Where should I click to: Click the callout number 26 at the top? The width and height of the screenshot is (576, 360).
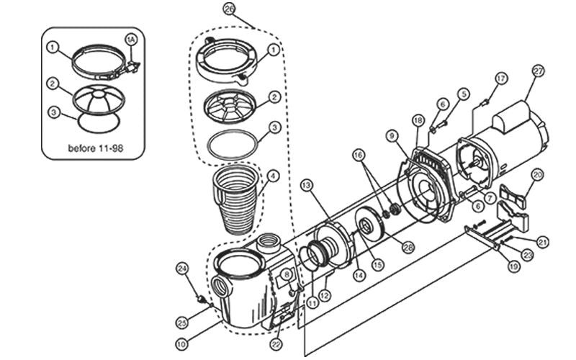(229, 9)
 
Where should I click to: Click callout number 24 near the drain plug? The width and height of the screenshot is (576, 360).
(182, 269)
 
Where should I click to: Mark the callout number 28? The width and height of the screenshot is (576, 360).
(409, 247)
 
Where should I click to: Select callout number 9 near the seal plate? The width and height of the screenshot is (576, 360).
(392, 134)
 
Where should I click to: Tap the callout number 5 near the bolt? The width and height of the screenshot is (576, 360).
(464, 93)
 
